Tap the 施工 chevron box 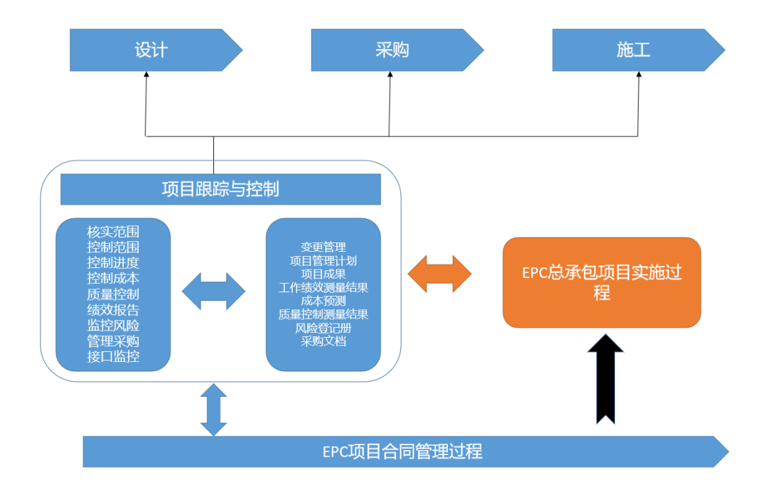click(634, 50)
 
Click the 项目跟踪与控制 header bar click(220, 189)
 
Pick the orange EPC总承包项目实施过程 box click(602, 282)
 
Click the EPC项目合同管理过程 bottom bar click(402, 452)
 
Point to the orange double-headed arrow click(439, 273)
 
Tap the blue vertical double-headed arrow click(213, 410)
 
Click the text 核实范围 click(113, 232)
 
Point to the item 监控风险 click(113, 326)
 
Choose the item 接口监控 click(113, 357)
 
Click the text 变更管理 click(324, 247)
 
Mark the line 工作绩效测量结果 click(324, 288)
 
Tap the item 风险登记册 click(324, 328)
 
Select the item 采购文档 click(324, 341)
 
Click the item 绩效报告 click(113, 310)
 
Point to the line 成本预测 click(324, 301)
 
